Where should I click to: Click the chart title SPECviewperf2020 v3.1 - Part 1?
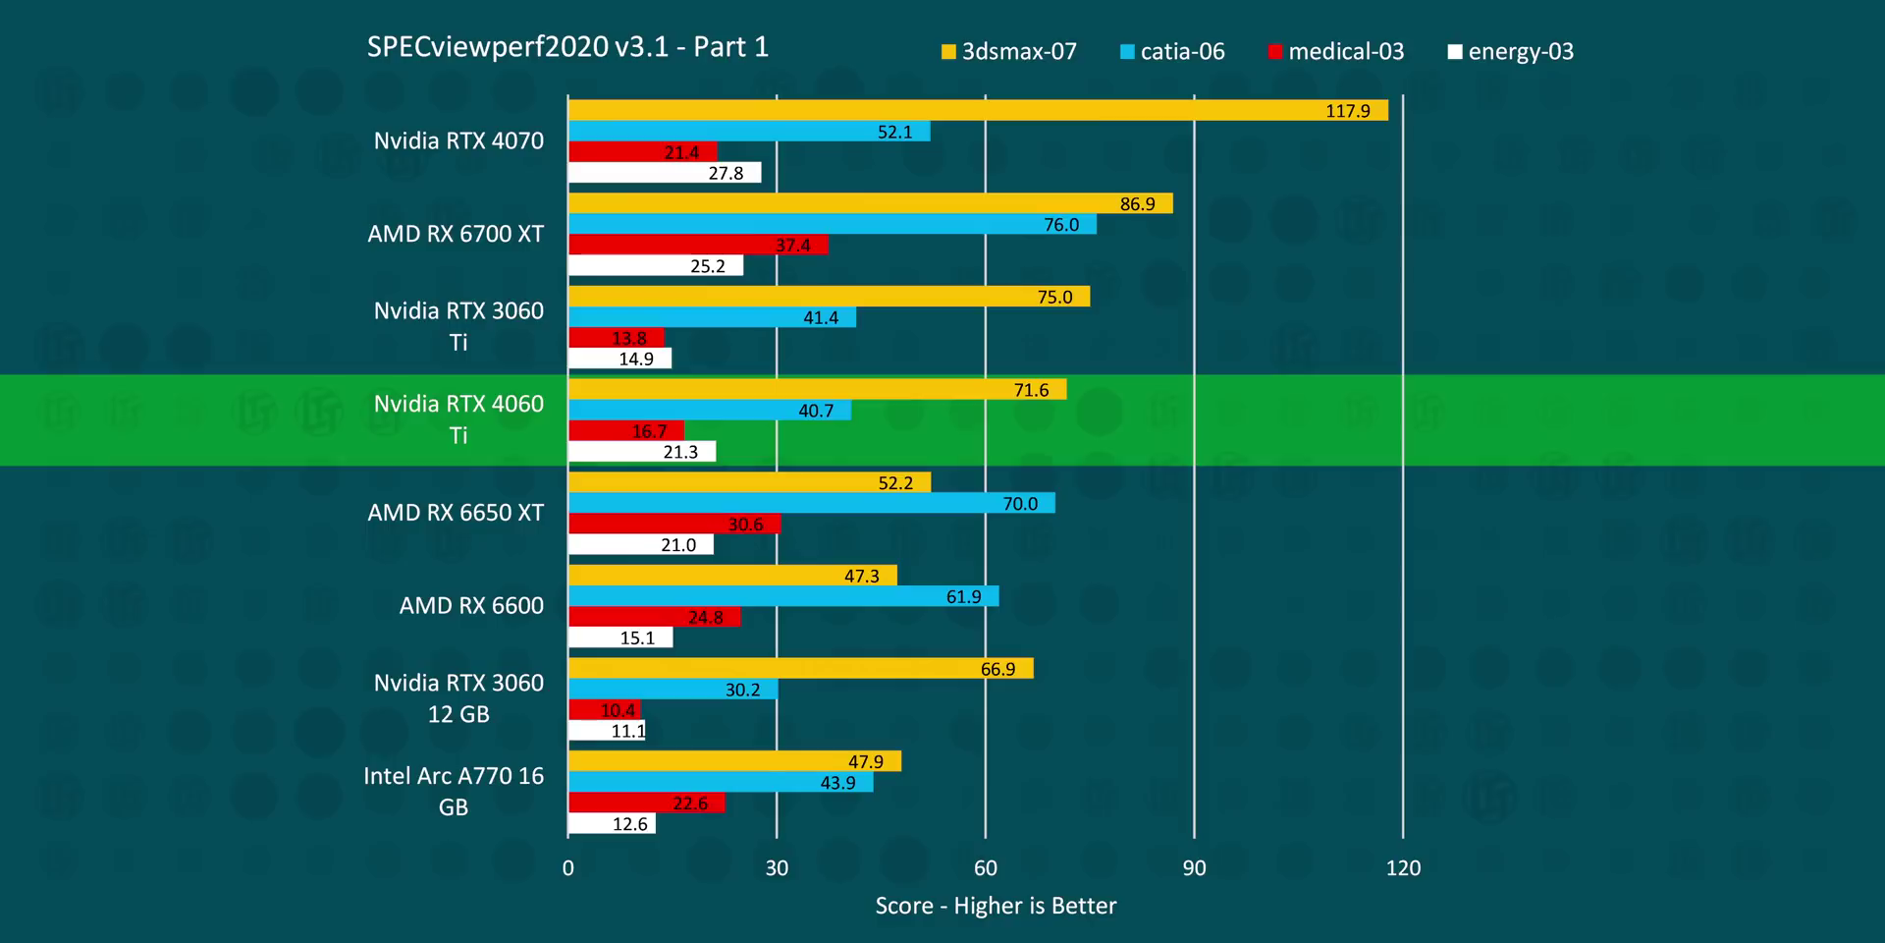pos(567,47)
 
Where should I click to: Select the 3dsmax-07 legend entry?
pos(1009,51)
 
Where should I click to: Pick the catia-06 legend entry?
pos(1172,51)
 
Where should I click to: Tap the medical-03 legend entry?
pos(1336,51)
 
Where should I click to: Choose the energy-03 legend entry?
pos(1511,51)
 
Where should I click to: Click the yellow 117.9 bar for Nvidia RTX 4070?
pos(977,110)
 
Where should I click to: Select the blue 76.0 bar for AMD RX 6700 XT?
pos(832,225)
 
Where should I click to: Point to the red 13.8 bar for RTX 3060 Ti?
pos(616,338)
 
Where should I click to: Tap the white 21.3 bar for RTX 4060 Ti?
pos(641,452)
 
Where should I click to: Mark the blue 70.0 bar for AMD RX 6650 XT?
pos(811,504)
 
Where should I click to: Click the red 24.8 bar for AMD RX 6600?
pos(654,617)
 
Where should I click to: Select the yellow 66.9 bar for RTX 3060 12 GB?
pos(800,669)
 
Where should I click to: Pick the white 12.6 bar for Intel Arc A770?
pos(611,824)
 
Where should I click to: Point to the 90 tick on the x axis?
pos(1194,868)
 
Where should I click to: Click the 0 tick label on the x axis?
pos(568,868)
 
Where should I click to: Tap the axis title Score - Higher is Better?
pos(996,906)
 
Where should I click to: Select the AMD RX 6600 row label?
pos(471,606)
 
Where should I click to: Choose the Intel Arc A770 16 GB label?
pos(454,791)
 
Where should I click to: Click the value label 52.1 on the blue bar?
pos(894,132)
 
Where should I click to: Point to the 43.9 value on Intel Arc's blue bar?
pos(837,783)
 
